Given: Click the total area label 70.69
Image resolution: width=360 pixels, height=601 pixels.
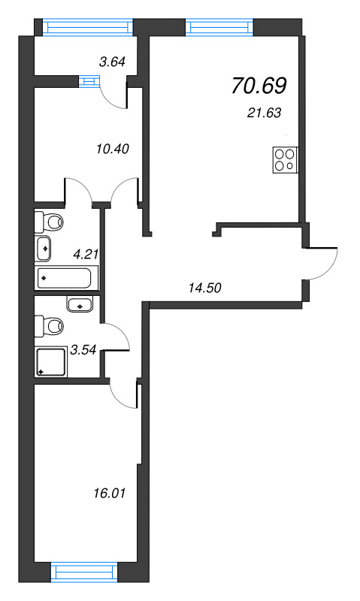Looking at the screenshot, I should coord(259,86).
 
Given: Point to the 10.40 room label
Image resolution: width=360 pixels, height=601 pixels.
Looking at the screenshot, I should coord(114,148).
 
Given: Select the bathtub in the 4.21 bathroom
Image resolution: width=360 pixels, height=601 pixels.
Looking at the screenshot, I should coord(64,278).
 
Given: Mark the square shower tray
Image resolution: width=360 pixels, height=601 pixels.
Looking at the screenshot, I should coord(51,361).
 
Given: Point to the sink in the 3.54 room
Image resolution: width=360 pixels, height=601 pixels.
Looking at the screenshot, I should coord(80,304).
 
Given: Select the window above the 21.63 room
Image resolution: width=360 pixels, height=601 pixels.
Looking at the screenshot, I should coord(221,27).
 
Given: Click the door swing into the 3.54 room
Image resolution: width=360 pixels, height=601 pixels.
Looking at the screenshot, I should coord(117,337).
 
